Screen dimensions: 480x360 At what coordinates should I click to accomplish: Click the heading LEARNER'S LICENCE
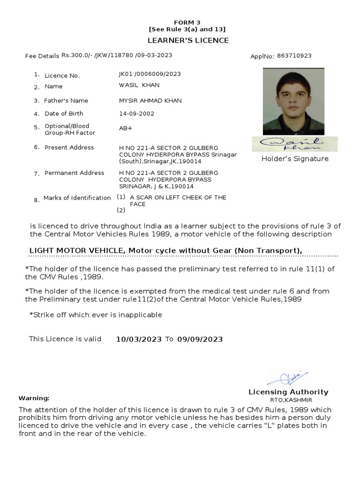pyautogui.click(x=188, y=40)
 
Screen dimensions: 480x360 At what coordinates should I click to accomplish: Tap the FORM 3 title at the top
pyautogui.click(x=187, y=22)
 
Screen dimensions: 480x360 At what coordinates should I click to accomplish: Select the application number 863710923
pyautogui.click(x=294, y=56)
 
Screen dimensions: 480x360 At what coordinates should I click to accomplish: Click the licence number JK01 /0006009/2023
pyautogui.click(x=150, y=74)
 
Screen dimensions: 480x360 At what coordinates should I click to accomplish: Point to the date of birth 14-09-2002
pyautogui.click(x=136, y=113)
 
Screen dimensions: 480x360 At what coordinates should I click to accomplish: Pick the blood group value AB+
pyautogui.click(x=126, y=128)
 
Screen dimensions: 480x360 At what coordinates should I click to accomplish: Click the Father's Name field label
pyautogui.click(x=66, y=100)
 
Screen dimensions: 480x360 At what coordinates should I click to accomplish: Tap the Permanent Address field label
pyautogui.click(x=74, y=173)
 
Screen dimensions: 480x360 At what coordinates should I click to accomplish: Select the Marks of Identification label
pyautogui.click(x=77, y=198)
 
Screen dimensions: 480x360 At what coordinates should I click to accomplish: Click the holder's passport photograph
pyautogui.click(x=293, y=102)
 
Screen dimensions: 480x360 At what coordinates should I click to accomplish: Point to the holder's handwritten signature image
pyautogui.click(x=294, y=143)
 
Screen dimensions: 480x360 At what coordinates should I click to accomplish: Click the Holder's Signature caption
pyautogui.click(x=295, y=159)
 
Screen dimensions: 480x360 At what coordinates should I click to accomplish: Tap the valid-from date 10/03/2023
pyautogui.click(x=139, y=339)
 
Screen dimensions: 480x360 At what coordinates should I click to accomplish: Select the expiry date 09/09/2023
pyautogui.click(x=200, y=339)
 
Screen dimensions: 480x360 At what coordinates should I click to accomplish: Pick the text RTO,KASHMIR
pyautogui.click(x=291, y=400)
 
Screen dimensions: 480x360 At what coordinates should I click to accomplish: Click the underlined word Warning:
pyautogui.click(x=34, y=398)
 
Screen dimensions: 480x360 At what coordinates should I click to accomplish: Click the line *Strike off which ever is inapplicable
pyautogui.click(x=96, y=315)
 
